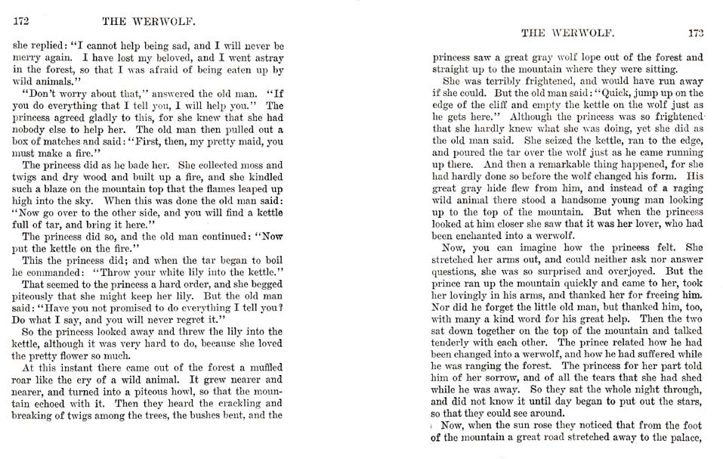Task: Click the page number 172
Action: [21, 23]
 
